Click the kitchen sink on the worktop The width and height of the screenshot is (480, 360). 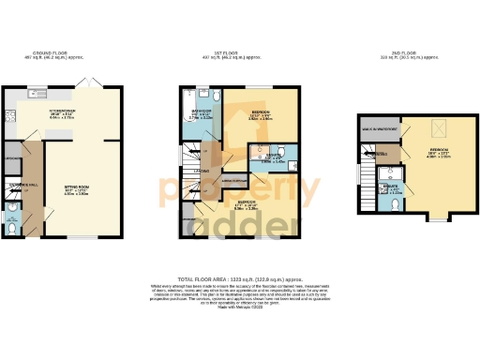click(x=40, y=94)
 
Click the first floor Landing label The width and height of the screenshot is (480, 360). click(x=202, y=171)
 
